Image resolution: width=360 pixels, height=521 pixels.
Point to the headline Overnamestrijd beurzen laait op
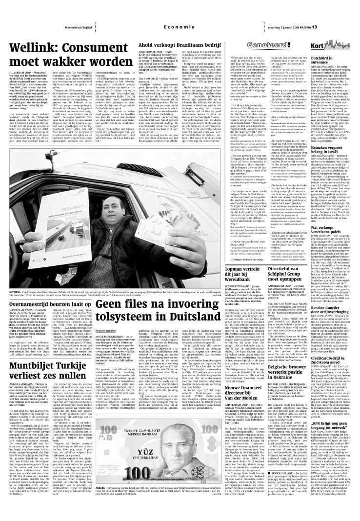point(44,289)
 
